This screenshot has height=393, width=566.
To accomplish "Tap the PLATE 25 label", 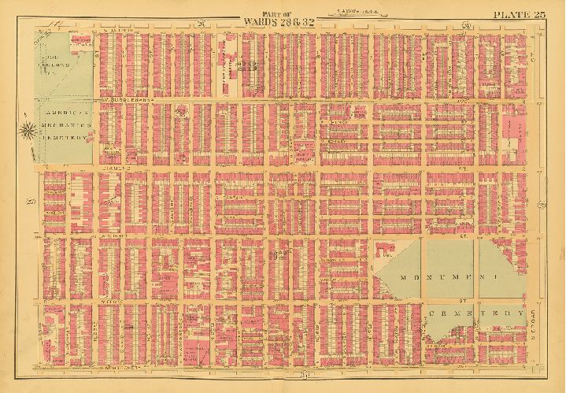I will pyautogui.click(x=520, y=14).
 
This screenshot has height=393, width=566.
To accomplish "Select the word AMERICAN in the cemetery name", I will pyautogui.click(x=64, y=113).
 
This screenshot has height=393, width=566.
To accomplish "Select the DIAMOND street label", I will pyautogui.click(x=115, y=167).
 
